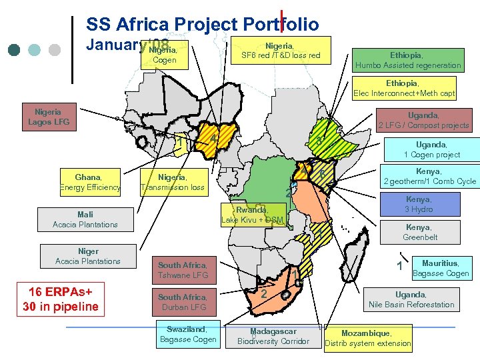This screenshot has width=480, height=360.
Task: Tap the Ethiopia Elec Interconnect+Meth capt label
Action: coord(404,89)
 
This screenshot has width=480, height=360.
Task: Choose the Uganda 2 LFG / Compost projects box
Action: coord(423,120)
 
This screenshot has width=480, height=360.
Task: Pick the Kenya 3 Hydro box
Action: coord(418,204)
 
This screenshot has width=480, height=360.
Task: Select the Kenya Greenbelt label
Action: coord(419,232)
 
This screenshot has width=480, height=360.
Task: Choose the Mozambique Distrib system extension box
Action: coord(368,338)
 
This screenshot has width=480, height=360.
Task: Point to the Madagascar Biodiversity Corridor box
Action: coord(273,336)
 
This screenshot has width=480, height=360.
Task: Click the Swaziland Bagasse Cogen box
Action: coord(187,334)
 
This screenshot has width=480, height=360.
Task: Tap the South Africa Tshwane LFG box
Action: coord(183,270)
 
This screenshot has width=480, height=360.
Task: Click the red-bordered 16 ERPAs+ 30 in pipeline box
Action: coord(61,300)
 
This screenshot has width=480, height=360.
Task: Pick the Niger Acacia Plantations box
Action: coord(88,256)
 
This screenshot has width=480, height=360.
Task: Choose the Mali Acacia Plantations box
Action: coord(85,219)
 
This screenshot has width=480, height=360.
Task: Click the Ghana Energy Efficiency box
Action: coord(89,182)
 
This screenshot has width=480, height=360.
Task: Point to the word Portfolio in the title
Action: coord(281,25)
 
